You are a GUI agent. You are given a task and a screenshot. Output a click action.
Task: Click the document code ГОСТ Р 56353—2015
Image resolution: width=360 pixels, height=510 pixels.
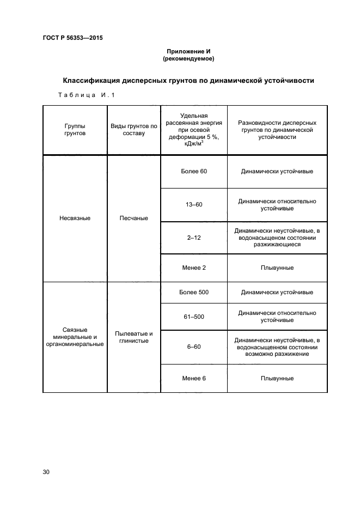click(x=72, y=38)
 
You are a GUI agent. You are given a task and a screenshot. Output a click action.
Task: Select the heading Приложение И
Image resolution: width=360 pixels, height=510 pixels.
click(x=188, y=51)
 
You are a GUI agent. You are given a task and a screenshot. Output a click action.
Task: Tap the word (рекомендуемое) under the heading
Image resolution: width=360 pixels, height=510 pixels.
click(x=188, y=58)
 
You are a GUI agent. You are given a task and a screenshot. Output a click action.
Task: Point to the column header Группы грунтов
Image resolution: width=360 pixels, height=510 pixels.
click(x=75, y=128)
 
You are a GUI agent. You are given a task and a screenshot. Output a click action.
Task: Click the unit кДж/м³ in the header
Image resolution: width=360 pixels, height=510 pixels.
click(x=193, y=144)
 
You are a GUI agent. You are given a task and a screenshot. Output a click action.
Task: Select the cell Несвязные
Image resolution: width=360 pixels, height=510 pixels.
click(x=75, y=218)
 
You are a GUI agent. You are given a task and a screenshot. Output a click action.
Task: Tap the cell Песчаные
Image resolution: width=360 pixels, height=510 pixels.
click(x=134, y=218)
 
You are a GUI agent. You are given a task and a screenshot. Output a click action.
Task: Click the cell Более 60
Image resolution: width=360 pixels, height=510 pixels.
click(x=193, y=171)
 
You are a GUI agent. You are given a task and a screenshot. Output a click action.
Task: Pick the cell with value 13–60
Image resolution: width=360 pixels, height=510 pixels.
click(x=193, y=204)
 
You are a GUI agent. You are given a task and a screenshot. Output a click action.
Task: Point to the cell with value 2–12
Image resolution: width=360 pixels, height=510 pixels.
click(x=193, y=238)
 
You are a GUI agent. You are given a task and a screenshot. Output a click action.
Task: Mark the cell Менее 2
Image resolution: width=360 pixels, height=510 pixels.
click(x=193, y=268)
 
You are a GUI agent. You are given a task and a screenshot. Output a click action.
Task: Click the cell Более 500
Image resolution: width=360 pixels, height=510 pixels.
click(x=193, y=292)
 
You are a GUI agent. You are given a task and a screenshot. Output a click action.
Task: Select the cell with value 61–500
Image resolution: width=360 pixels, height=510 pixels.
click(x=193, y=316)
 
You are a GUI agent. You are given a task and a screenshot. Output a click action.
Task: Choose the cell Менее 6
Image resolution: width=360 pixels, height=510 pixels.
click(x=193, y=378)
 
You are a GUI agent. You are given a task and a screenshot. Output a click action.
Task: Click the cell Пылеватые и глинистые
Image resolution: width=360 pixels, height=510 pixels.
click(x=134, y=337)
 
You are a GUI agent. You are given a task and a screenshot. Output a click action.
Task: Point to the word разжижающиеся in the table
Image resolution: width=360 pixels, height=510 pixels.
click(x=277, y=245)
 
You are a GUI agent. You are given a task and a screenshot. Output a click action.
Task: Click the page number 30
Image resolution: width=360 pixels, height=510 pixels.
click(x=46, y=472)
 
